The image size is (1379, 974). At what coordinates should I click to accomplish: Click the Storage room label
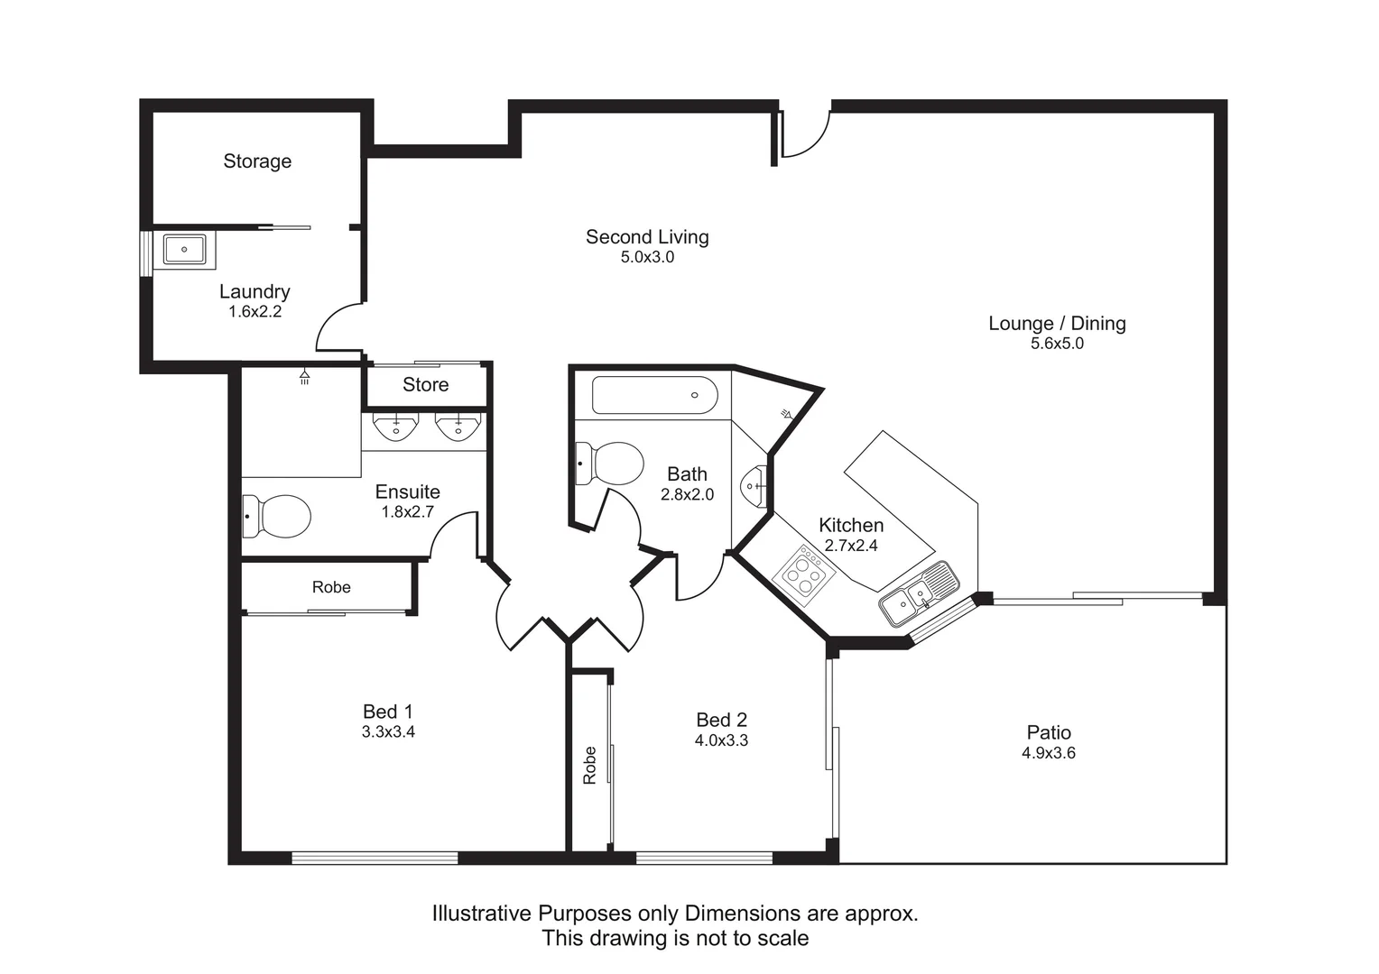coord(257,161)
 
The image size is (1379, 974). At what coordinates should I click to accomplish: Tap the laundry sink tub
coord(184,250)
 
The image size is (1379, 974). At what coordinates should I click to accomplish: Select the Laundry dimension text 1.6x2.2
coord(255,312)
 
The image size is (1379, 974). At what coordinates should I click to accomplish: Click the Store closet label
coord(425,385)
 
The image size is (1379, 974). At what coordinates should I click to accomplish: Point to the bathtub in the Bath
coord(654,395)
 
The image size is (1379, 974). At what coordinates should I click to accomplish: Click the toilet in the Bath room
coord(609,464)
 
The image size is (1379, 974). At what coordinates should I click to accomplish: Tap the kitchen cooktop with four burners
coord(804,571)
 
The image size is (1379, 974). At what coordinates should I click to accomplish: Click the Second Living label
coord(647,237)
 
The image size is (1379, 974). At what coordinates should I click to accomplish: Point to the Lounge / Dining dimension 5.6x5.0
coord(1057,344)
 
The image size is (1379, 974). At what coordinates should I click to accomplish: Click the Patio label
coord(1049,732)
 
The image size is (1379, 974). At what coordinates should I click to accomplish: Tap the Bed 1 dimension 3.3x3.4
coord(388,732)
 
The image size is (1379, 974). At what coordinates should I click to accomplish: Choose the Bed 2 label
coord(721,720)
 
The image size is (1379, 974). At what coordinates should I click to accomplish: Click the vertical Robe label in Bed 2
coord(590,765)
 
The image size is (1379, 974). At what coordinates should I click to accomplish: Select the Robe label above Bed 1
coord(331,587)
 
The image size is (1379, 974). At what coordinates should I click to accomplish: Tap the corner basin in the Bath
coord(754,486)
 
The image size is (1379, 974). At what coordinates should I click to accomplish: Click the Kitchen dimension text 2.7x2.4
coord(850,546)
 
